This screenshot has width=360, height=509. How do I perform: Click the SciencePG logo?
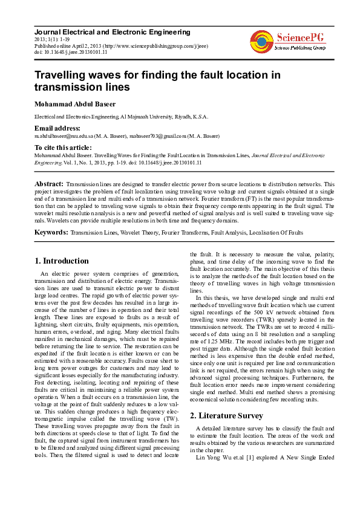tap(289, 41)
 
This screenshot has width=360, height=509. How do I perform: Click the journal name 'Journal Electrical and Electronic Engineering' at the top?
tap(112, 32)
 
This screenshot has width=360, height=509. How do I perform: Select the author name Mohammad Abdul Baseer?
tap(74, 105)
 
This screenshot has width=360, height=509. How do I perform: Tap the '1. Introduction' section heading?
tap(61, 261)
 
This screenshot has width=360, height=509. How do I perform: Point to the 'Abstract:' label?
tap(49, 183)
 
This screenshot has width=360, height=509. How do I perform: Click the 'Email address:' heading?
tap(57, 128)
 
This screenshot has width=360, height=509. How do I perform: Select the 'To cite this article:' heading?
tap(63, 148)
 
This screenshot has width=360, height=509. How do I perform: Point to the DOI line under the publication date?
tap(71, 52)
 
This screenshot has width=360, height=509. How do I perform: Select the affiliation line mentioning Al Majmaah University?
tap(121, 116)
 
